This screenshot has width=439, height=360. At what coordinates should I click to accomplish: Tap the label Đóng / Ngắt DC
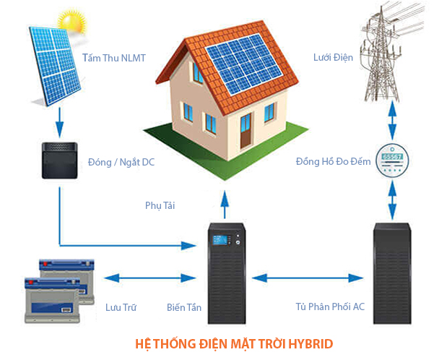(x=121, y=162)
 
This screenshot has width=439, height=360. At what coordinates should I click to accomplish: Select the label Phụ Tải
(x=160, y=205)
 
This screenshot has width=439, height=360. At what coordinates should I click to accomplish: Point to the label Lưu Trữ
(x=121, y=307)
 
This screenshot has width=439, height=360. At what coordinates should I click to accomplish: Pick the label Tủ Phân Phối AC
(x=331, y=307)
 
